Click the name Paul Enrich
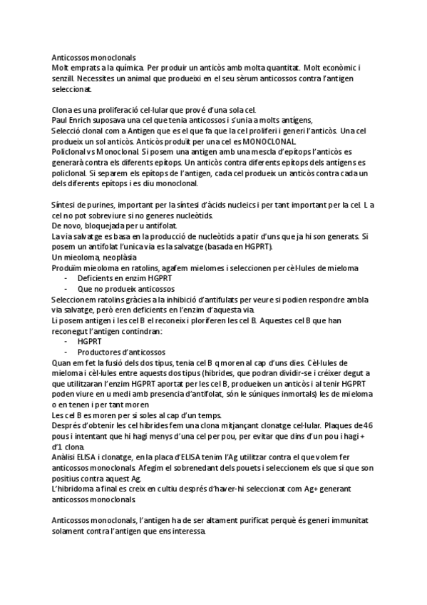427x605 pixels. point(72,121)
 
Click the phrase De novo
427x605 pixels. point(68,226)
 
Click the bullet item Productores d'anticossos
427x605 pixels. point(121,352)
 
